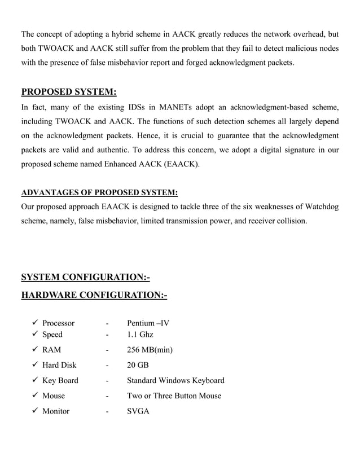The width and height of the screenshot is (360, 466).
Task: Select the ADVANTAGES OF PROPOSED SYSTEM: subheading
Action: click(x=99, y=192)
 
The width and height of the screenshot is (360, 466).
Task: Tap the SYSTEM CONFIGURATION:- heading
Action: click(x=85, y=277)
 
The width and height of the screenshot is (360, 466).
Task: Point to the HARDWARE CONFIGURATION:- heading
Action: click(x=94, y=295)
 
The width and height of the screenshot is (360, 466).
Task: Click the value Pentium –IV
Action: click(x=148, y=323)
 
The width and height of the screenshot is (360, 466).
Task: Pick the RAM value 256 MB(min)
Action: click(x=150, y=350)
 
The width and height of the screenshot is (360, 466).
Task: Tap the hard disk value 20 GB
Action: click(x=138, y=366)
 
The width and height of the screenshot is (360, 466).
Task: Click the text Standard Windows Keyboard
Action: click(x=175, y=381)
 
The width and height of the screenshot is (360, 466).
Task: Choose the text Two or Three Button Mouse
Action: click(x=174, y=396)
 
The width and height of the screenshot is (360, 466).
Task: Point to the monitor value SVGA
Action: click(x=138, y=411)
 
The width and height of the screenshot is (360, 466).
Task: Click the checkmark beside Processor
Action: click(x=34, y=323)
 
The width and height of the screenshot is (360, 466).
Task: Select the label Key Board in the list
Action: click(x=60, y=381)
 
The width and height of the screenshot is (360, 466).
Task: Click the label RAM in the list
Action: click(x=52, y=350)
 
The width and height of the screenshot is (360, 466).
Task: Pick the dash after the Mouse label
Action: click(x=106, y=396)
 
